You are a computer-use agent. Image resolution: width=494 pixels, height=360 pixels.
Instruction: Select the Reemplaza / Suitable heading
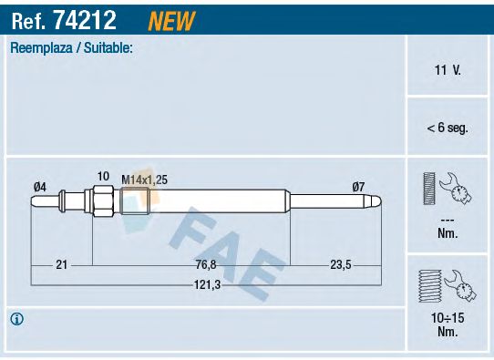[x=71, y=47]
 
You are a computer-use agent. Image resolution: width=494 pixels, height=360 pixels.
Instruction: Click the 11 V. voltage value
[x=447, y=68]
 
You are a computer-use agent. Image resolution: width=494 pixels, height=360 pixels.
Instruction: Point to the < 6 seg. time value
[x=447, y=128]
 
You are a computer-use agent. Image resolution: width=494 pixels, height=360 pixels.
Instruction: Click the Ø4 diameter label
[x=39, y=187]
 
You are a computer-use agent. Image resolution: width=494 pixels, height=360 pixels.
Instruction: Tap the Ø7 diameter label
[x=358, y=187]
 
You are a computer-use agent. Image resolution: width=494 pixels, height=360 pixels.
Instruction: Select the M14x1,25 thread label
[x=144, y=180]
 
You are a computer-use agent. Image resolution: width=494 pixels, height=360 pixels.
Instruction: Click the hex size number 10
[x=103, y=176]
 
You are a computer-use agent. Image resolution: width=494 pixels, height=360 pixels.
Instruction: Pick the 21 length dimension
[x=62, y=264]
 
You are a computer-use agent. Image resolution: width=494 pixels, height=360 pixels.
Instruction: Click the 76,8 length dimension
[x=206, y=264]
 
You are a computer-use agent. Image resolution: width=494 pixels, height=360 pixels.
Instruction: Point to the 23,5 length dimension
[x=340, y=264]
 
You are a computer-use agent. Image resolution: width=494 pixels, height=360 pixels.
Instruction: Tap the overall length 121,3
[x=206, y=284]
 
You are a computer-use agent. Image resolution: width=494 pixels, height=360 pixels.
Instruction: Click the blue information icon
[x=16, y=319]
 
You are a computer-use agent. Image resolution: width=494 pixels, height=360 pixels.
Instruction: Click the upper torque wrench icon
[x=447, y=193]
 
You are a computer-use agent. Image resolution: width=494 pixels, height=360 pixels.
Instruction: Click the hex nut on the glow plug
[x=101, y=201]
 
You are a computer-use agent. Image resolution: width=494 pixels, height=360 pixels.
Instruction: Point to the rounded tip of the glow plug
[x=377, y=201]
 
